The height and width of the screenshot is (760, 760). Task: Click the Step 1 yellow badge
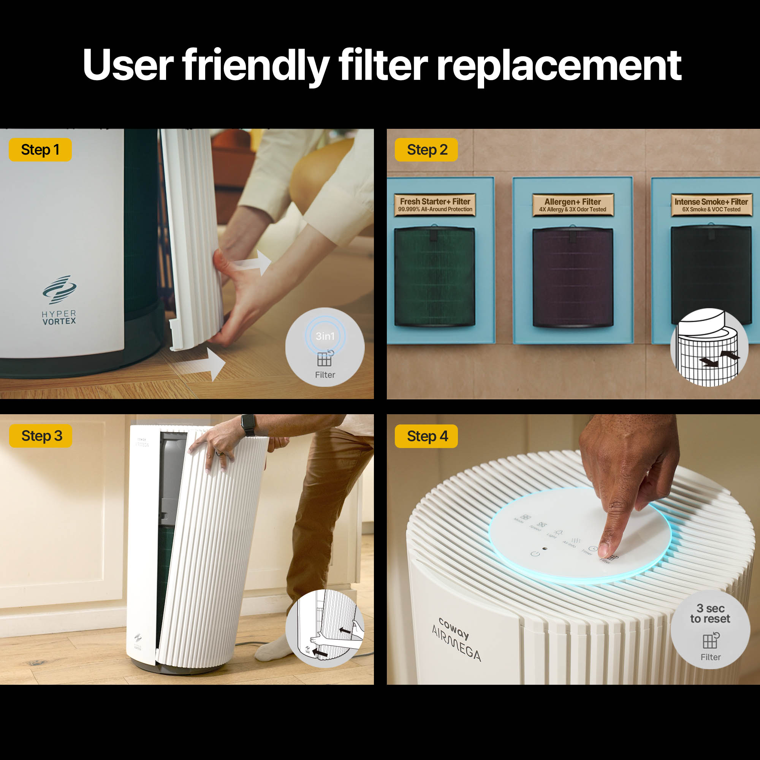point(40,150)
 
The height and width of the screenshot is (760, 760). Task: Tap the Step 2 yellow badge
point(426,150)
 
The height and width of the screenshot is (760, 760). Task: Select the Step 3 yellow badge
point(41,436)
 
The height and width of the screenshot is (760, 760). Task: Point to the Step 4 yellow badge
point(426,436)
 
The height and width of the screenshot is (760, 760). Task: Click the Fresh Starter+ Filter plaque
point(435,205)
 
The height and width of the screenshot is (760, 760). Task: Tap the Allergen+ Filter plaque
point(573,205)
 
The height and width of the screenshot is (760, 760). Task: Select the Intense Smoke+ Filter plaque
point(711,205)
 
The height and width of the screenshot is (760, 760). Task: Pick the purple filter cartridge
point(573,277)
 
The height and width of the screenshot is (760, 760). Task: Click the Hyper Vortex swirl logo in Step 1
point(59,290)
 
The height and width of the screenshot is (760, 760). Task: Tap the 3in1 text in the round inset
point(325,336)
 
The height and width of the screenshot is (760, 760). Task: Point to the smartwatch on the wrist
point(249,425)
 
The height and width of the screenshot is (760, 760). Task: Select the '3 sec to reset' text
point(710,614)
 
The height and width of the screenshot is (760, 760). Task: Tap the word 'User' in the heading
point(128,65)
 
